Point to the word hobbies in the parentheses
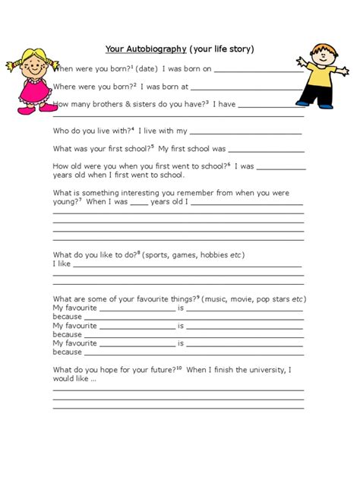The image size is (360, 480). point(215,254)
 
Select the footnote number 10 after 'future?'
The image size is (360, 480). point(180,368)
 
